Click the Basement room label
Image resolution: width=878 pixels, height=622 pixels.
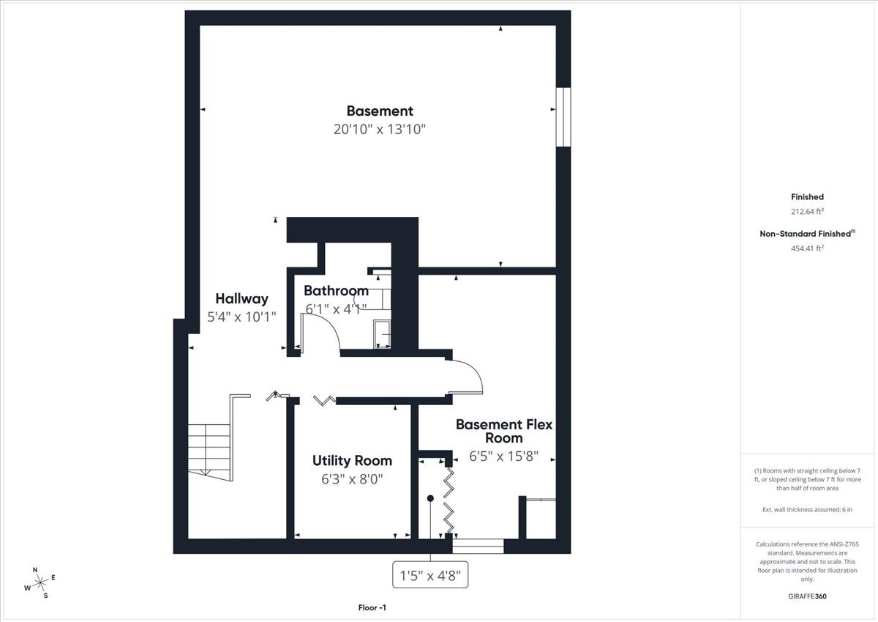coord(379,111)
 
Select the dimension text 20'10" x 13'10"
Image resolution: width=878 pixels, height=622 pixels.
coord(379,130)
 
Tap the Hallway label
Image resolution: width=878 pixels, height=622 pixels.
coord(241,299)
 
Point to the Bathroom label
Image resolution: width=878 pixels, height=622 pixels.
coord(336,291)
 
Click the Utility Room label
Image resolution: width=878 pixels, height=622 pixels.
coord(352,461)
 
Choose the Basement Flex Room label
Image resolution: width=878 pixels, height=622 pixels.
coord(503,431)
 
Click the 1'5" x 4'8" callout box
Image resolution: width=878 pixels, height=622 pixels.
coord(430,575)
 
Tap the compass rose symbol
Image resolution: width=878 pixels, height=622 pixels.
coord(40,582)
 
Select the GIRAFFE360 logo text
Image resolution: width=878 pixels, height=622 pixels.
coord(808,596)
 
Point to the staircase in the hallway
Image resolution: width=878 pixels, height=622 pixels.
coord(209,447)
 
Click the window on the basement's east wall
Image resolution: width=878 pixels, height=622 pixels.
coord(563,117)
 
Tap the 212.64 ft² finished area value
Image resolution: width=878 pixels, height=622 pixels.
coord(807,211)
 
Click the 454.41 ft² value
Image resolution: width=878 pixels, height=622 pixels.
coord(807,248)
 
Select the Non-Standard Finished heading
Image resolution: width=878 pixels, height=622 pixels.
coord(807,233)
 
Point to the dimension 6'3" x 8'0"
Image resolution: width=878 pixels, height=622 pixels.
coord(352,479)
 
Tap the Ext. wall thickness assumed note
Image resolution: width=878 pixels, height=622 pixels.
coord(807,508)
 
